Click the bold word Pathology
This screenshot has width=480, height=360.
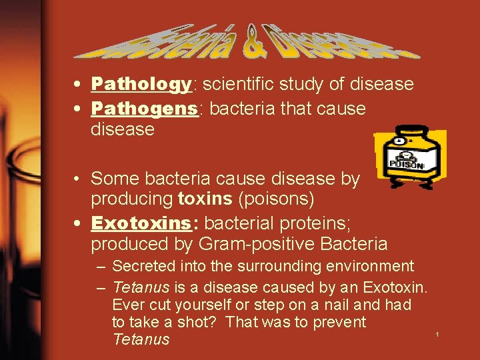point(141,85)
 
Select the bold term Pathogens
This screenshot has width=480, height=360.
point(145,108)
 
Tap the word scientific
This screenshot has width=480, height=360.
point(237,85)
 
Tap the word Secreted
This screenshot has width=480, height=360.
point(143,267)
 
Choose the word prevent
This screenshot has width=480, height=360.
point(340,323)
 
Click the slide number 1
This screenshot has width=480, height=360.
point(437,333)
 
